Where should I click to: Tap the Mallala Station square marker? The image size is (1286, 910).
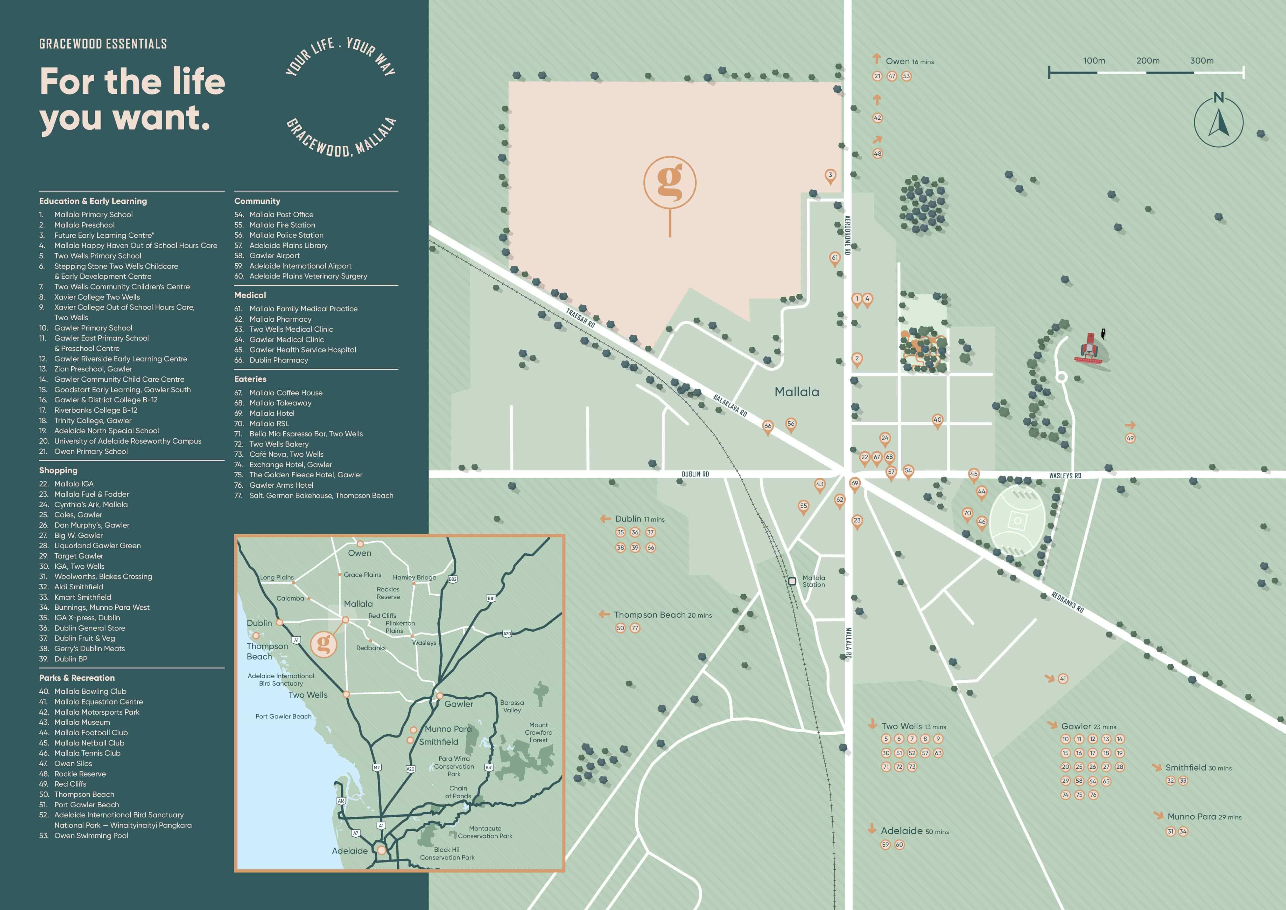click(x=792, y=581)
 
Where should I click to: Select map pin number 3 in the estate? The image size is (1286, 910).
click(x=830, y=175)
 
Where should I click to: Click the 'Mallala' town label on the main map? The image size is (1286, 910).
click(x=797, y=392)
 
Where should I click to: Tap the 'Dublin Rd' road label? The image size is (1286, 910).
click(x=695, y=474)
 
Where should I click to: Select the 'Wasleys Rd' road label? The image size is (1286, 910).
click(x=1065, y=476)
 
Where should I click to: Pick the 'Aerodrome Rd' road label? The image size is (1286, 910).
click(x=847, y=235)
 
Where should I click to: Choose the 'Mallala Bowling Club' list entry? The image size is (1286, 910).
click(x=90, y=692)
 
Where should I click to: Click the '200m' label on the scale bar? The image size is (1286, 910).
click(x=1148, y=60)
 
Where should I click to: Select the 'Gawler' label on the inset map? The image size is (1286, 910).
click(x=459, y=704)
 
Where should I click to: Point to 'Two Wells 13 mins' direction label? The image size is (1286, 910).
click(x=913, y=726)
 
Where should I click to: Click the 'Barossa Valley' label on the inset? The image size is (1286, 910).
click(x=512, y=706)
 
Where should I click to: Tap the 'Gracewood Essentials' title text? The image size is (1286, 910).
click(x=103, y=44)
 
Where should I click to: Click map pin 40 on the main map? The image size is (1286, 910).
click(x=937, y=420)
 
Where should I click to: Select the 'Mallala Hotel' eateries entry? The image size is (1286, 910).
click(x=272, y=413)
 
